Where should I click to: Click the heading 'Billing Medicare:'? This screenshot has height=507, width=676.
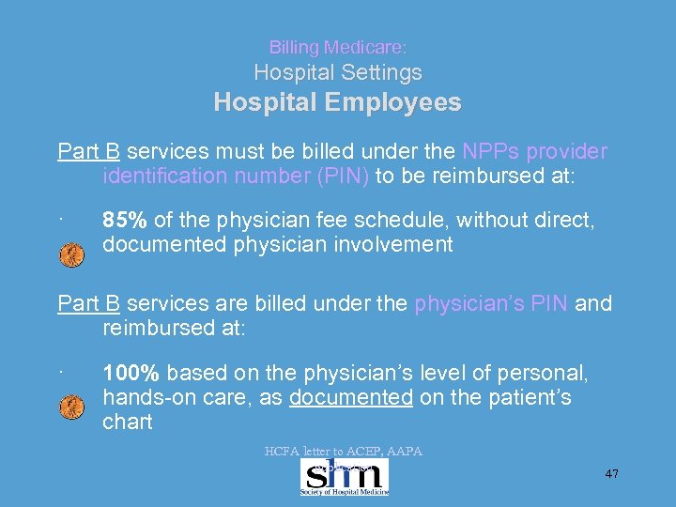337,46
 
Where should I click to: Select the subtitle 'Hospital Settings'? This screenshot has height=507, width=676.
338,72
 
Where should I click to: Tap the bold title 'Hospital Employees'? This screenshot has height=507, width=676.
337,102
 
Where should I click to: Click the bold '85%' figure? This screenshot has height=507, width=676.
125,221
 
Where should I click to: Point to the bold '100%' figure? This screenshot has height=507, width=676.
131,374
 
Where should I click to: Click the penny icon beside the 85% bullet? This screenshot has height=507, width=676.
71,254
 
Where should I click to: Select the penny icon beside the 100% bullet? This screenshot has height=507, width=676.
71,407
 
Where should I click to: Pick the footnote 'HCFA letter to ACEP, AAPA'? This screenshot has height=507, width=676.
344,452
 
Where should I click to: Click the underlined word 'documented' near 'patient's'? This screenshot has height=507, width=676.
351,398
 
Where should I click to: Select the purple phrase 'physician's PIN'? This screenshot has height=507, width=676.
490,303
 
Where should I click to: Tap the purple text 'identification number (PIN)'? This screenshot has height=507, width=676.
236,176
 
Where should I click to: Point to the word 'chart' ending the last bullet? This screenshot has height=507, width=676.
127,422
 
